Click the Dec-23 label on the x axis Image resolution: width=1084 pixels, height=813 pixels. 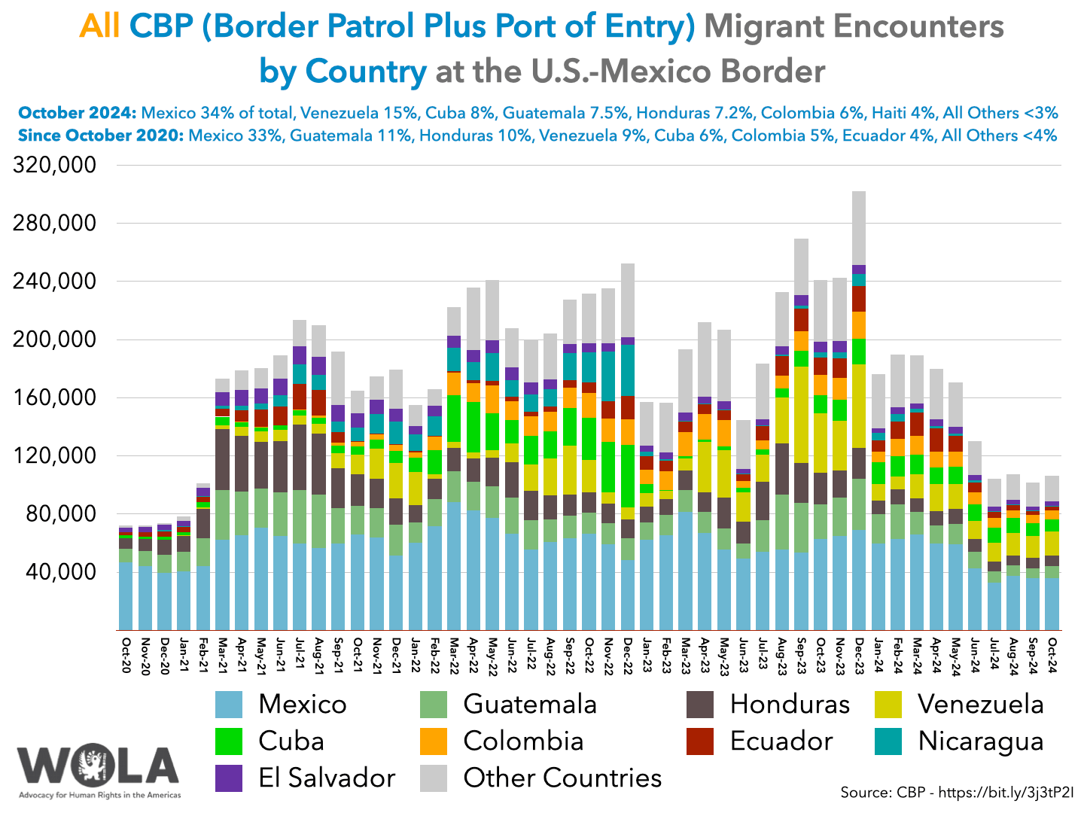pos(858,656)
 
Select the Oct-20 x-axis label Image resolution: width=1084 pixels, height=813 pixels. pos(126,656)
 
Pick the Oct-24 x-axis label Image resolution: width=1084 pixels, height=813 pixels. pos(1052,656)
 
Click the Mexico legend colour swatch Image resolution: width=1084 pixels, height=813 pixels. pos(229,704)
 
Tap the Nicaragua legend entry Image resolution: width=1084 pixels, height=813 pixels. pos(980,741)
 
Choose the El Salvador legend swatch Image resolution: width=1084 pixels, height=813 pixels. pos(229,778)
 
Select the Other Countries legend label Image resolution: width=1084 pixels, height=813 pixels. pos(562,778)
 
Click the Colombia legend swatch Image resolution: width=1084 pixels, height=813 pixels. pos(434,741)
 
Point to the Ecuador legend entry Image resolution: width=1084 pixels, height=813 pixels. pos(781,741)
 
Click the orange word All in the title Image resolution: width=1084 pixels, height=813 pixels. pos(99,27)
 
